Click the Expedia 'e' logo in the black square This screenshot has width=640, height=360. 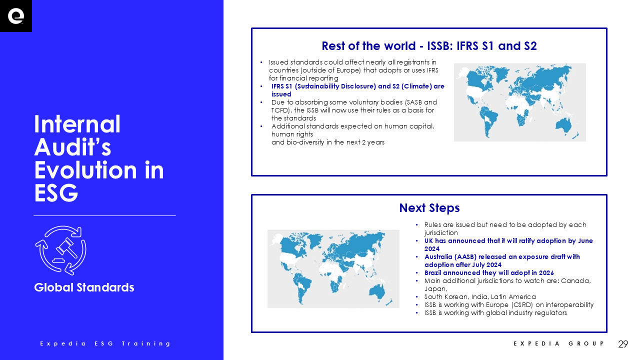click(x=15, y=16)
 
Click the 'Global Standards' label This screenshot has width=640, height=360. click(x=84, y=287)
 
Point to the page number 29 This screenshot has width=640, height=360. click(x=623, y=343)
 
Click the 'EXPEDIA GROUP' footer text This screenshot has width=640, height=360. click(x=559, y=343)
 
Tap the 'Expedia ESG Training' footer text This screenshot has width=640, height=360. click(x=105, y=343)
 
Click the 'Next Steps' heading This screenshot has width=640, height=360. click(x=429, y=207)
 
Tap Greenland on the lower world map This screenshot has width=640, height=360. click(x=315, y=240)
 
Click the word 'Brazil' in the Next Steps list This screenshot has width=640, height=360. click(x=432, y=273)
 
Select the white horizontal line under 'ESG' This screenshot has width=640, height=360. click(x=104, y=215)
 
